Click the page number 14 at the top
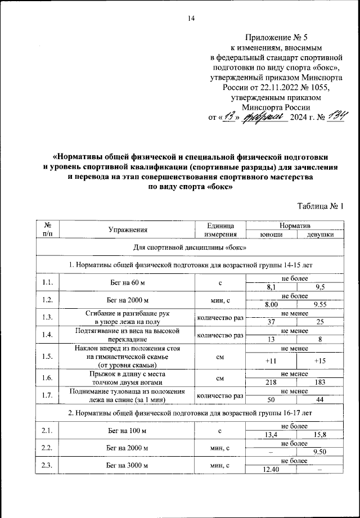(191, 19)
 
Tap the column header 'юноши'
(272, 235)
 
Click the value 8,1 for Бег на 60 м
(272, 286)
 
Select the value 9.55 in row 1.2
(321, 304)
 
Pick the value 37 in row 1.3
(272, 321)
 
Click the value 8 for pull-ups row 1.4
(321, 339)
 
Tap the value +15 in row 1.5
(321, 360)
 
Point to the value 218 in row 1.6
(272, 381)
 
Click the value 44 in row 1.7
(321, 399)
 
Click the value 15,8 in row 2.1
(321, 434)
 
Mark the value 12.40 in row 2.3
(272, 469)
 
